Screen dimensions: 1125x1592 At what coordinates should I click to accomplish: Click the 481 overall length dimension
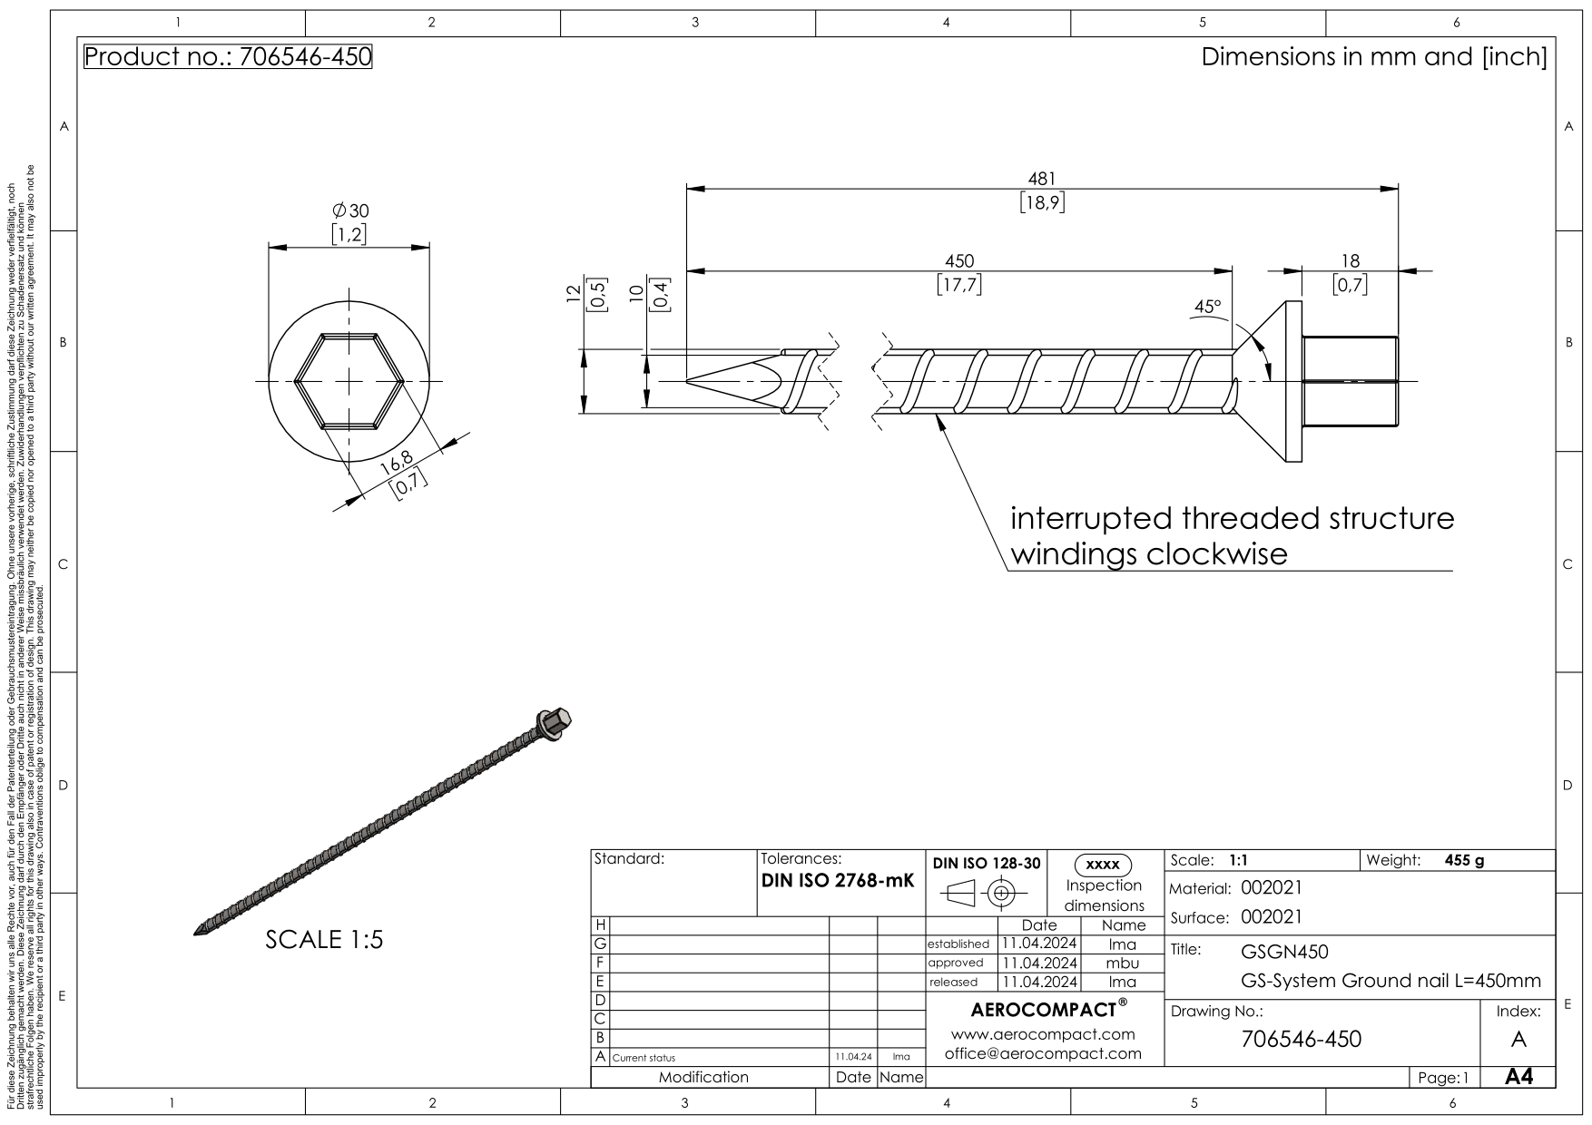(x=1041, y=180)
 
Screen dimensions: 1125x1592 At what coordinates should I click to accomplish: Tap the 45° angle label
(x=1206, y=307)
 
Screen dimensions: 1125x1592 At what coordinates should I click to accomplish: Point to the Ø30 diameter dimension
(x=350, y=210)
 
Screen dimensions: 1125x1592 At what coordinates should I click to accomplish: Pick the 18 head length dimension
(x=1350, y=261)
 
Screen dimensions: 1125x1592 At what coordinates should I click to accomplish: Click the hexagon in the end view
(x=349, y=381)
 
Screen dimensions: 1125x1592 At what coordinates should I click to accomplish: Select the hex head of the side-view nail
(x=1350, y=381)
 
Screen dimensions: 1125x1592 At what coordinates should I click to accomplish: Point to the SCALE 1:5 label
(x=324, y=940)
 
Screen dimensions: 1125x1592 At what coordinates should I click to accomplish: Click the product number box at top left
(x=228, y=57)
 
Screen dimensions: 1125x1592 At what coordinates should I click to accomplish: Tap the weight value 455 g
(x=1463, y=861)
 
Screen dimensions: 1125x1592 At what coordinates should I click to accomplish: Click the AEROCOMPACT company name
(x=1044, y=1010)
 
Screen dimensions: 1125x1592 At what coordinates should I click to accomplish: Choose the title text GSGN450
(x=1283, y=952)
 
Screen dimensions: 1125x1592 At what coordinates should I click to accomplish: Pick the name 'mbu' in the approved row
(x=1122, y=963)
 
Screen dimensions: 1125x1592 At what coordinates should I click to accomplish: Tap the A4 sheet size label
(x=1518, y=1077)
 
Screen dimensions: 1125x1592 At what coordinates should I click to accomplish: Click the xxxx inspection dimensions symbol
(x=1102, y=865)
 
